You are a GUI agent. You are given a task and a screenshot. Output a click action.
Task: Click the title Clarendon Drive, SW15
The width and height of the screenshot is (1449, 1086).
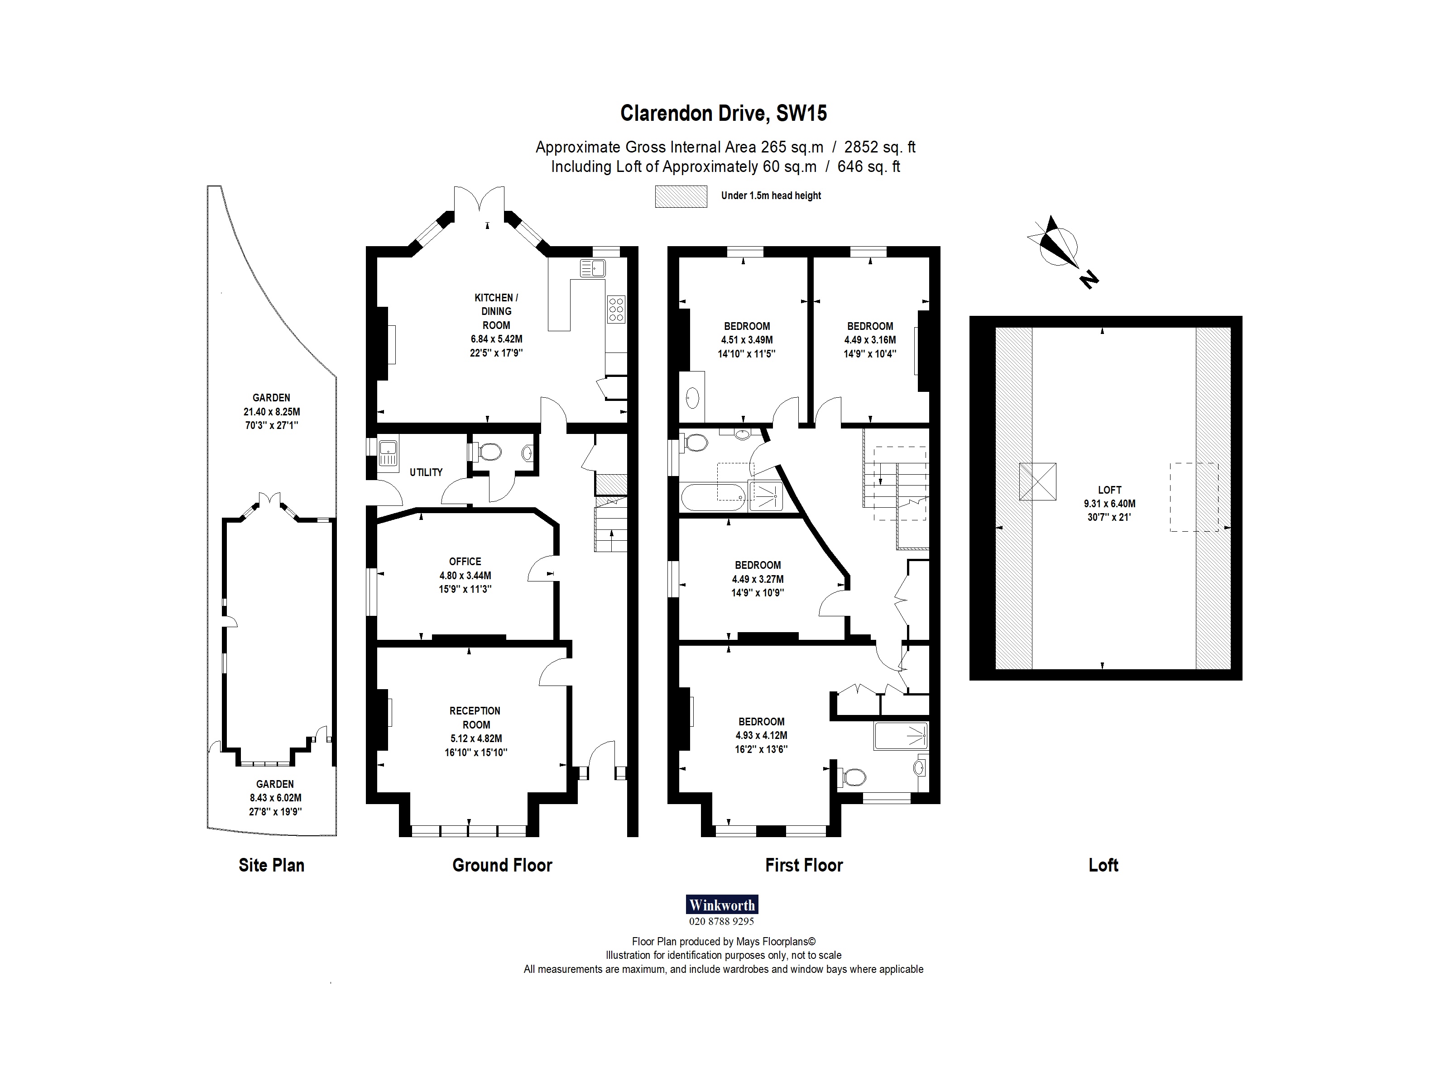723,114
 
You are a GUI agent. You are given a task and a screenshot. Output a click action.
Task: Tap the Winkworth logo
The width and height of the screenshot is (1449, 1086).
722,905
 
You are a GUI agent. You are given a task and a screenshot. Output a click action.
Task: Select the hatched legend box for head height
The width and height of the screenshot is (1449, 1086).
681,196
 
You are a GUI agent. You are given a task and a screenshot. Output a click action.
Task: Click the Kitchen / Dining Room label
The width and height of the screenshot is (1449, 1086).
496,311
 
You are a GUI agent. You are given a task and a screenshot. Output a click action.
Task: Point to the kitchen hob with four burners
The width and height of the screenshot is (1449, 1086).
616,310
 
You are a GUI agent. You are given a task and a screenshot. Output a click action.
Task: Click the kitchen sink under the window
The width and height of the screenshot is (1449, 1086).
592,268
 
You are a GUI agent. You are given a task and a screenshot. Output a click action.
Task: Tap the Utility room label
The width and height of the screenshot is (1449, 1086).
426,472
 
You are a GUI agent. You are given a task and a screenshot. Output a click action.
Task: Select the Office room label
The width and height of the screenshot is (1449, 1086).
465,562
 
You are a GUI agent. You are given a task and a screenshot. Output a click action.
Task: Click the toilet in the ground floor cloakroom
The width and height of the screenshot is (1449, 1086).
488,452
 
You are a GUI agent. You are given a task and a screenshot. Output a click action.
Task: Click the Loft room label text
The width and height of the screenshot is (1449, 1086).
1110,490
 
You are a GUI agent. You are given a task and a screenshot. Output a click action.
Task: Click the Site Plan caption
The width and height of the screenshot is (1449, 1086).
271,865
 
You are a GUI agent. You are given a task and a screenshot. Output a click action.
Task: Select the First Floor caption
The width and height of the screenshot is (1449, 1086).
804,865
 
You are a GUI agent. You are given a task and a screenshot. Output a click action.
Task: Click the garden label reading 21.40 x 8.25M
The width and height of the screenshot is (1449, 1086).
271,412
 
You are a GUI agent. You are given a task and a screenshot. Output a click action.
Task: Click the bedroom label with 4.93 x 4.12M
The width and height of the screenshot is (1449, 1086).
761,735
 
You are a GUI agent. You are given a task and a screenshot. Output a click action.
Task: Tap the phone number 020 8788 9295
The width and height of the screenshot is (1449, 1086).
721,921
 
